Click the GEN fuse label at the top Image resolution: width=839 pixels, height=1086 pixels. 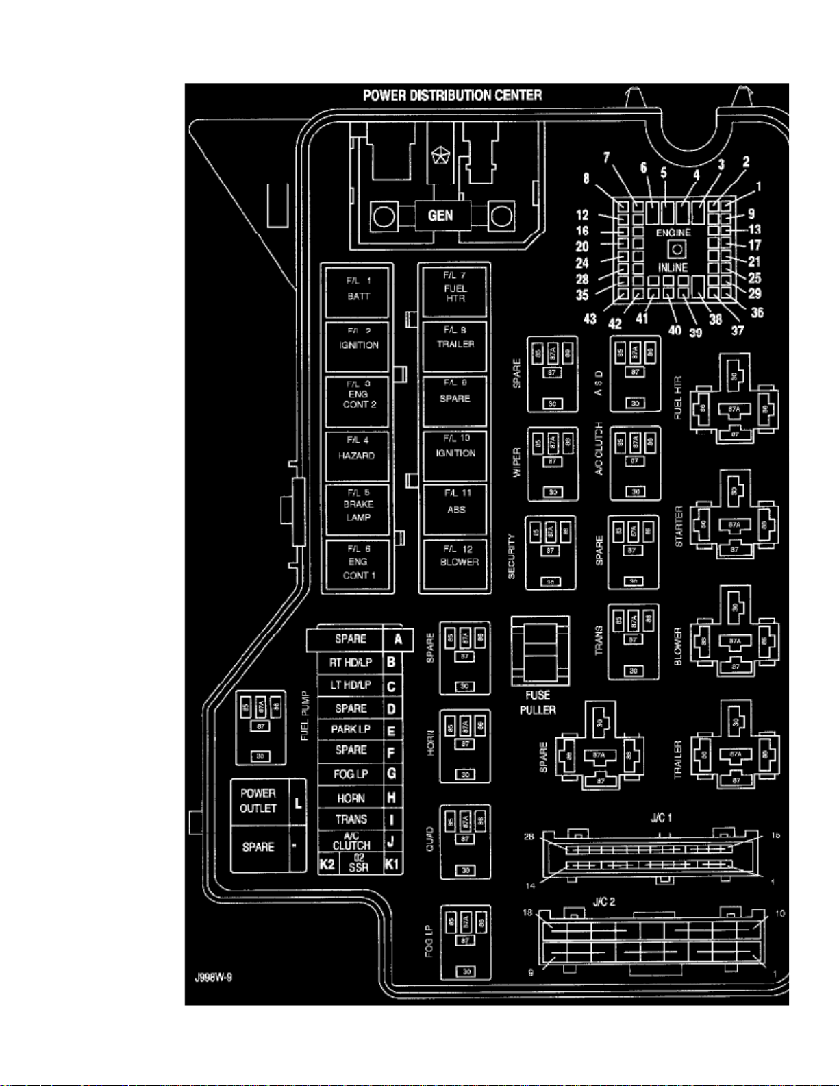(440, 215)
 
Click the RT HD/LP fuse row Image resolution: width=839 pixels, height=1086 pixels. (351, 663)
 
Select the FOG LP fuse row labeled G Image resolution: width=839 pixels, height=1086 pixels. (351, 774)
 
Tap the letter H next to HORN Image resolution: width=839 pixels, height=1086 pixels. (392, 798)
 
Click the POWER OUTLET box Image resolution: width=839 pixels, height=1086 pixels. (258, 801)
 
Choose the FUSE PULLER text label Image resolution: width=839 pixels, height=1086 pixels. (538, 702)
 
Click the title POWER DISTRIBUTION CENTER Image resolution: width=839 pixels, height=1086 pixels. (452, 95)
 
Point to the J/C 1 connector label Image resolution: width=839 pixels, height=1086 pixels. (661, 817)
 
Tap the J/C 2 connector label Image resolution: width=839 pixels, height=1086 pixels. (603, 902)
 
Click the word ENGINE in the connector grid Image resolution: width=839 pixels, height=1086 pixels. (673, 233)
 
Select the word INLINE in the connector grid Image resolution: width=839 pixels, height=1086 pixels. (673, 267)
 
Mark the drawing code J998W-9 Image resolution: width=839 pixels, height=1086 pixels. (213, 977)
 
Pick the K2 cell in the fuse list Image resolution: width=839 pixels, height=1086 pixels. (327, 863)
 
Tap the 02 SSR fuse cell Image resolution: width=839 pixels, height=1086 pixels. (358, 863)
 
